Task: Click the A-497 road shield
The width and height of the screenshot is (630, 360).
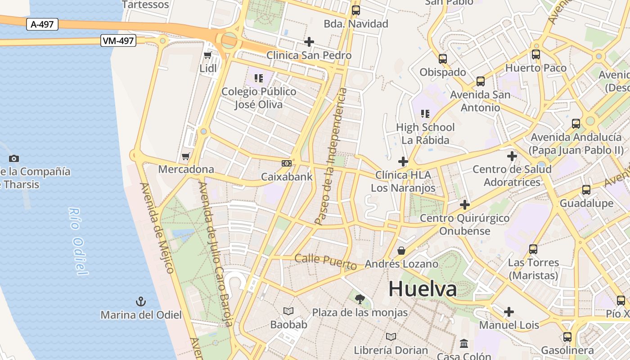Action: (x=42, y=24)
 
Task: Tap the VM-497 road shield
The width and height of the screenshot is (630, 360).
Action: (x=118, y=41)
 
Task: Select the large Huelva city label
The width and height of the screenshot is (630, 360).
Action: (x=423, y=289)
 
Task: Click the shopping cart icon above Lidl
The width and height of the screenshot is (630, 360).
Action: (x=208, y=55)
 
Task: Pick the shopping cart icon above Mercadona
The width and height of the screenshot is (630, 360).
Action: (x=185, y=157)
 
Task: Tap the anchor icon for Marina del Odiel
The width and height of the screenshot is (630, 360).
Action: (x=141, y=301)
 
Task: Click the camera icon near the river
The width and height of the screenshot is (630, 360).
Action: (x=14, y=158)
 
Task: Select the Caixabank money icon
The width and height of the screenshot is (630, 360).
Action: (x=286, y=163)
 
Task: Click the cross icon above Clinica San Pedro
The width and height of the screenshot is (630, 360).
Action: (x=309, y=42)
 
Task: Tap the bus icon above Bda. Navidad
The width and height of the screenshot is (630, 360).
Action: (x=356, y=10)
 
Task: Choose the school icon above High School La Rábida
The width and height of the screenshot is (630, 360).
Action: (x=425, y=114)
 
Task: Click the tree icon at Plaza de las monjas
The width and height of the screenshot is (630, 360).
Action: (x=360, y=299)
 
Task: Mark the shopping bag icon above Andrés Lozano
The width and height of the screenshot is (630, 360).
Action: (x=401, y=251)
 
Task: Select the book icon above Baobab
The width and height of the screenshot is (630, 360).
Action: (x=288, y=311)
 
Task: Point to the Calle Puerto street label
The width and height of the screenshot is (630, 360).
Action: (x=326, y=261)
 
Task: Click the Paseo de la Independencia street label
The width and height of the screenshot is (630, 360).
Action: (x=331, y=157)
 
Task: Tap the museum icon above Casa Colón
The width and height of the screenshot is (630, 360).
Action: (x=464, y=344)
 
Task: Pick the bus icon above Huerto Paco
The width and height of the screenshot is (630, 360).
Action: (x=535, y=55)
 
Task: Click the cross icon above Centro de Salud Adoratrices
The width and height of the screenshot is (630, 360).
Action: (x=512, y=156)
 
